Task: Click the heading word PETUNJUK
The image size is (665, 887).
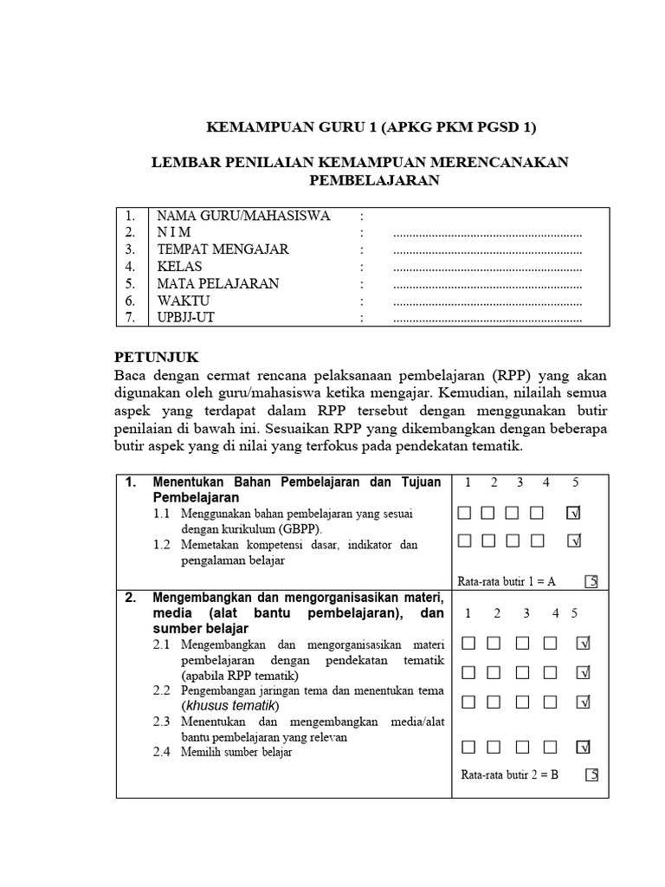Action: point(157,357)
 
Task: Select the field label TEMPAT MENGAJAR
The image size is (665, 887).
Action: point(223,249)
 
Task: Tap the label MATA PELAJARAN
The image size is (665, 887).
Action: point(217,283)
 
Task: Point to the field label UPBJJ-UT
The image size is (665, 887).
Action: point(187,318)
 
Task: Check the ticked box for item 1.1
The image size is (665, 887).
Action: point(572,514)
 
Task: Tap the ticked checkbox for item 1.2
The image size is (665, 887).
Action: point(572,541)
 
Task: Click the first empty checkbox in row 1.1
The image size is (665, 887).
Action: point(464,514)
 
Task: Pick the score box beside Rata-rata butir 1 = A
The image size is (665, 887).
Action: point(591,581)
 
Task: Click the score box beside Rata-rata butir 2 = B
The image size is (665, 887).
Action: point(591,775)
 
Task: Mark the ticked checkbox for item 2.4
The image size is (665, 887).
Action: point(584,747)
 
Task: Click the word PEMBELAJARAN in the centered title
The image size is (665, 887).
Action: point(375,180)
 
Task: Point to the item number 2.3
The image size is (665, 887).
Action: point(163,721)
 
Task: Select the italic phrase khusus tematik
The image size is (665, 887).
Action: point(229,705)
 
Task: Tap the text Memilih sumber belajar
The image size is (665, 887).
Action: point(236,752)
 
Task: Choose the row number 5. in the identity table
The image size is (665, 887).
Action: point(131,283)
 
